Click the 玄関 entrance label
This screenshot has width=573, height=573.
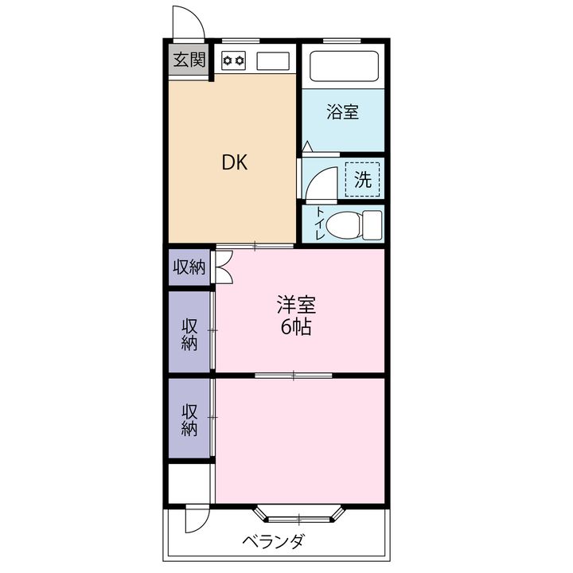189,60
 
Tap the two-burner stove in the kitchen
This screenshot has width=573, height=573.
234,60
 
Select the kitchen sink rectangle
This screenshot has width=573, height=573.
273,60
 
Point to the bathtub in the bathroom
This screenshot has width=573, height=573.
344,66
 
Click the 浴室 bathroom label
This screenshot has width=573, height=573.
342,112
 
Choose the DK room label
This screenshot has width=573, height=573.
235,162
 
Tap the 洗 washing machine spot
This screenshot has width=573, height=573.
363,179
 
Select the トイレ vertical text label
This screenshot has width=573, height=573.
320,224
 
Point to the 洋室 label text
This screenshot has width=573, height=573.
296,304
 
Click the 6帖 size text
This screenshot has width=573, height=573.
296,327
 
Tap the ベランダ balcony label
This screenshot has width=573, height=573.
273,541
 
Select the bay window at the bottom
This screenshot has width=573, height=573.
299,514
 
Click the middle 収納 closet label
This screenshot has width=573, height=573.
189,335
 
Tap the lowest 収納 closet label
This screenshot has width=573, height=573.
189,419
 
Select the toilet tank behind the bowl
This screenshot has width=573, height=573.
372,224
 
